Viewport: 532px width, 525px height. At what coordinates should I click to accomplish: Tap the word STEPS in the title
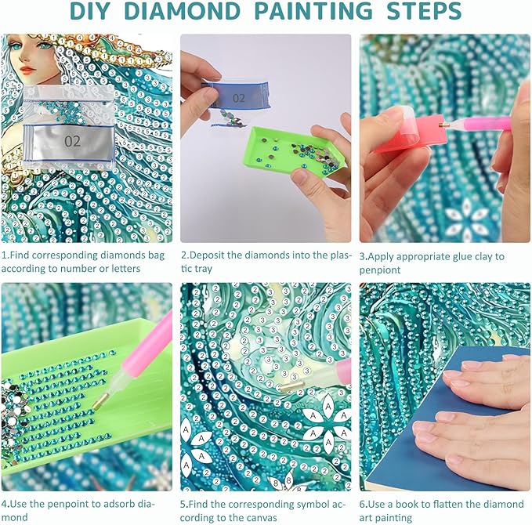424,11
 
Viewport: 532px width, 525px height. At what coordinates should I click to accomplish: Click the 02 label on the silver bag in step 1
72,141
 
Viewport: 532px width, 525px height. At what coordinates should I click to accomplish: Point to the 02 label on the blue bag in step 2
238,99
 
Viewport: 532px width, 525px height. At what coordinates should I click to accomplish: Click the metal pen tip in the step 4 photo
100,400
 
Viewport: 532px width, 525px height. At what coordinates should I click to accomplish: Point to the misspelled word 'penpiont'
380,270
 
